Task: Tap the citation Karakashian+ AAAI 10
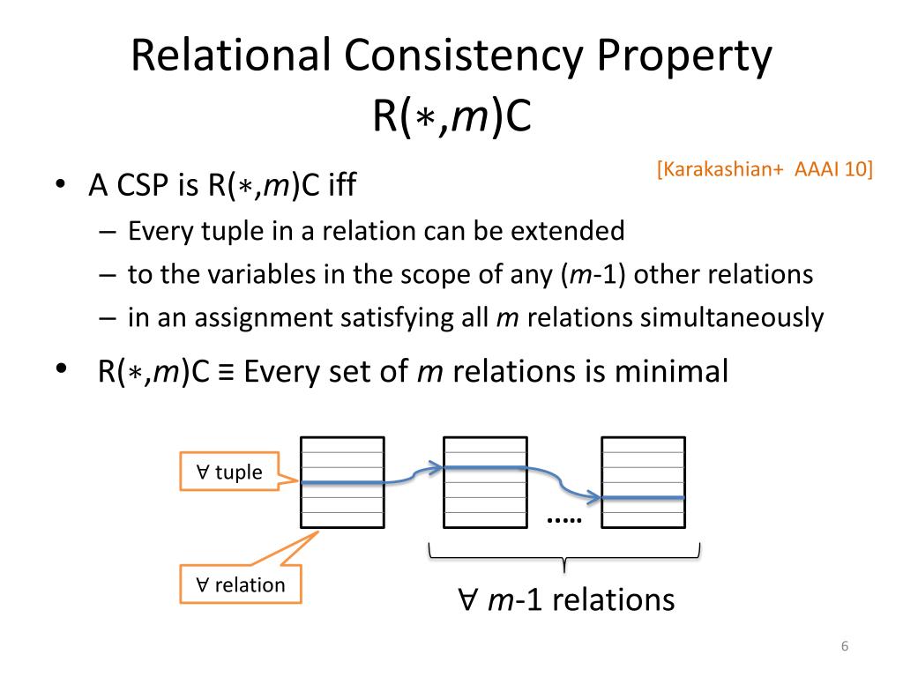pos(765,169)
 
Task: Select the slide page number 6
pos(845,648)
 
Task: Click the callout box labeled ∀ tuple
pos(228,472)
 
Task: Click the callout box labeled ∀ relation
pos(239,584)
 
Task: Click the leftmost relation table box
pos(342,482)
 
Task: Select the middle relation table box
pos(484,482)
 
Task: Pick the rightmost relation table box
pos(643,482)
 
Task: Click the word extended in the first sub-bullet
pos(574,232)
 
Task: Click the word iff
pos(343,186)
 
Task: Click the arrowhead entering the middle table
pos(434,468)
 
